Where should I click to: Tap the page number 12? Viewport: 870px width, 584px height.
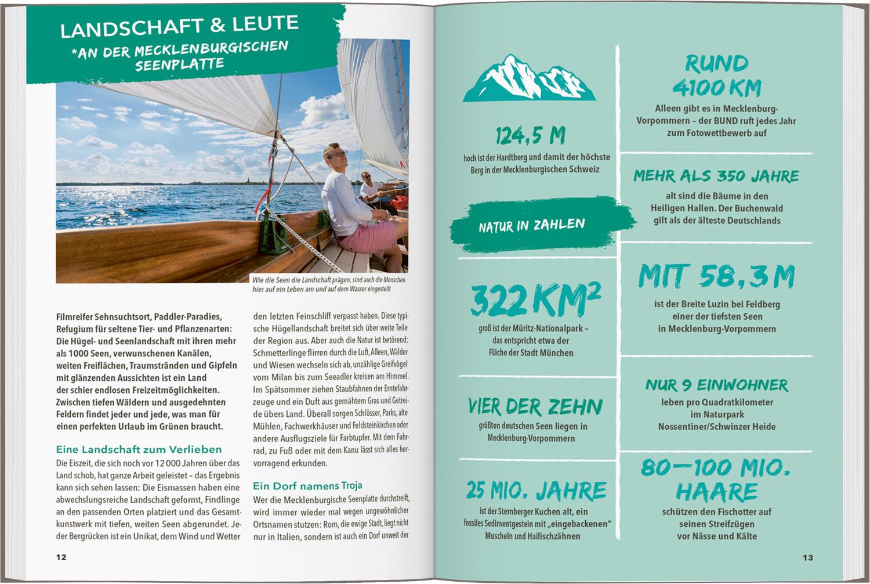click(61, 557)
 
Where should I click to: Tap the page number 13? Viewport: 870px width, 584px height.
click(808, 558)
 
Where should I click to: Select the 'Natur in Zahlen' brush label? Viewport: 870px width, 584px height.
click(532, 226)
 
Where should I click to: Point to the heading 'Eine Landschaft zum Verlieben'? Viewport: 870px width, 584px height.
click(139, 449)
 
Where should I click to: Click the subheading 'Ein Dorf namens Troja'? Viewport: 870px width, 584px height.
click(307, 485)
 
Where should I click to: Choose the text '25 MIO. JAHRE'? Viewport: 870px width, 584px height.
click(536, 491)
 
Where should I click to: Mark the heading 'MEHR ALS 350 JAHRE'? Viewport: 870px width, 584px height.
click(716, 176)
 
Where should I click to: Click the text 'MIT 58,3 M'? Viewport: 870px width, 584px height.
click(716, 277)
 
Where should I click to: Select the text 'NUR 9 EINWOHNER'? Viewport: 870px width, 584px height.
click(717, 385)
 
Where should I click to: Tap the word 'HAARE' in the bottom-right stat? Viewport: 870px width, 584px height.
click(717, 492)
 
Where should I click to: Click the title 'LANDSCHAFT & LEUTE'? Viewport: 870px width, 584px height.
click(180, 26)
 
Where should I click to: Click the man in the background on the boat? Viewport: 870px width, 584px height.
click(369, 187)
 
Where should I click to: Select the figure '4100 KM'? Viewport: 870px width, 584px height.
click(717, 88)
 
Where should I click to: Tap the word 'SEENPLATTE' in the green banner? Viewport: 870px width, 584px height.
click(180, 64)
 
